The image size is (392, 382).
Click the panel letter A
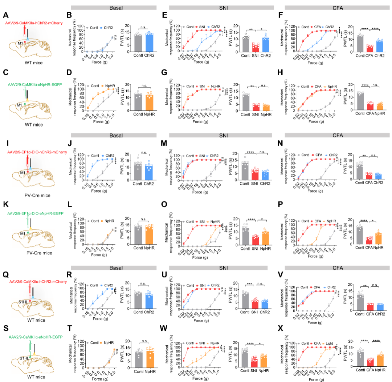click(6, 15)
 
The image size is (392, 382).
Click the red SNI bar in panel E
click(256, 48)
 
